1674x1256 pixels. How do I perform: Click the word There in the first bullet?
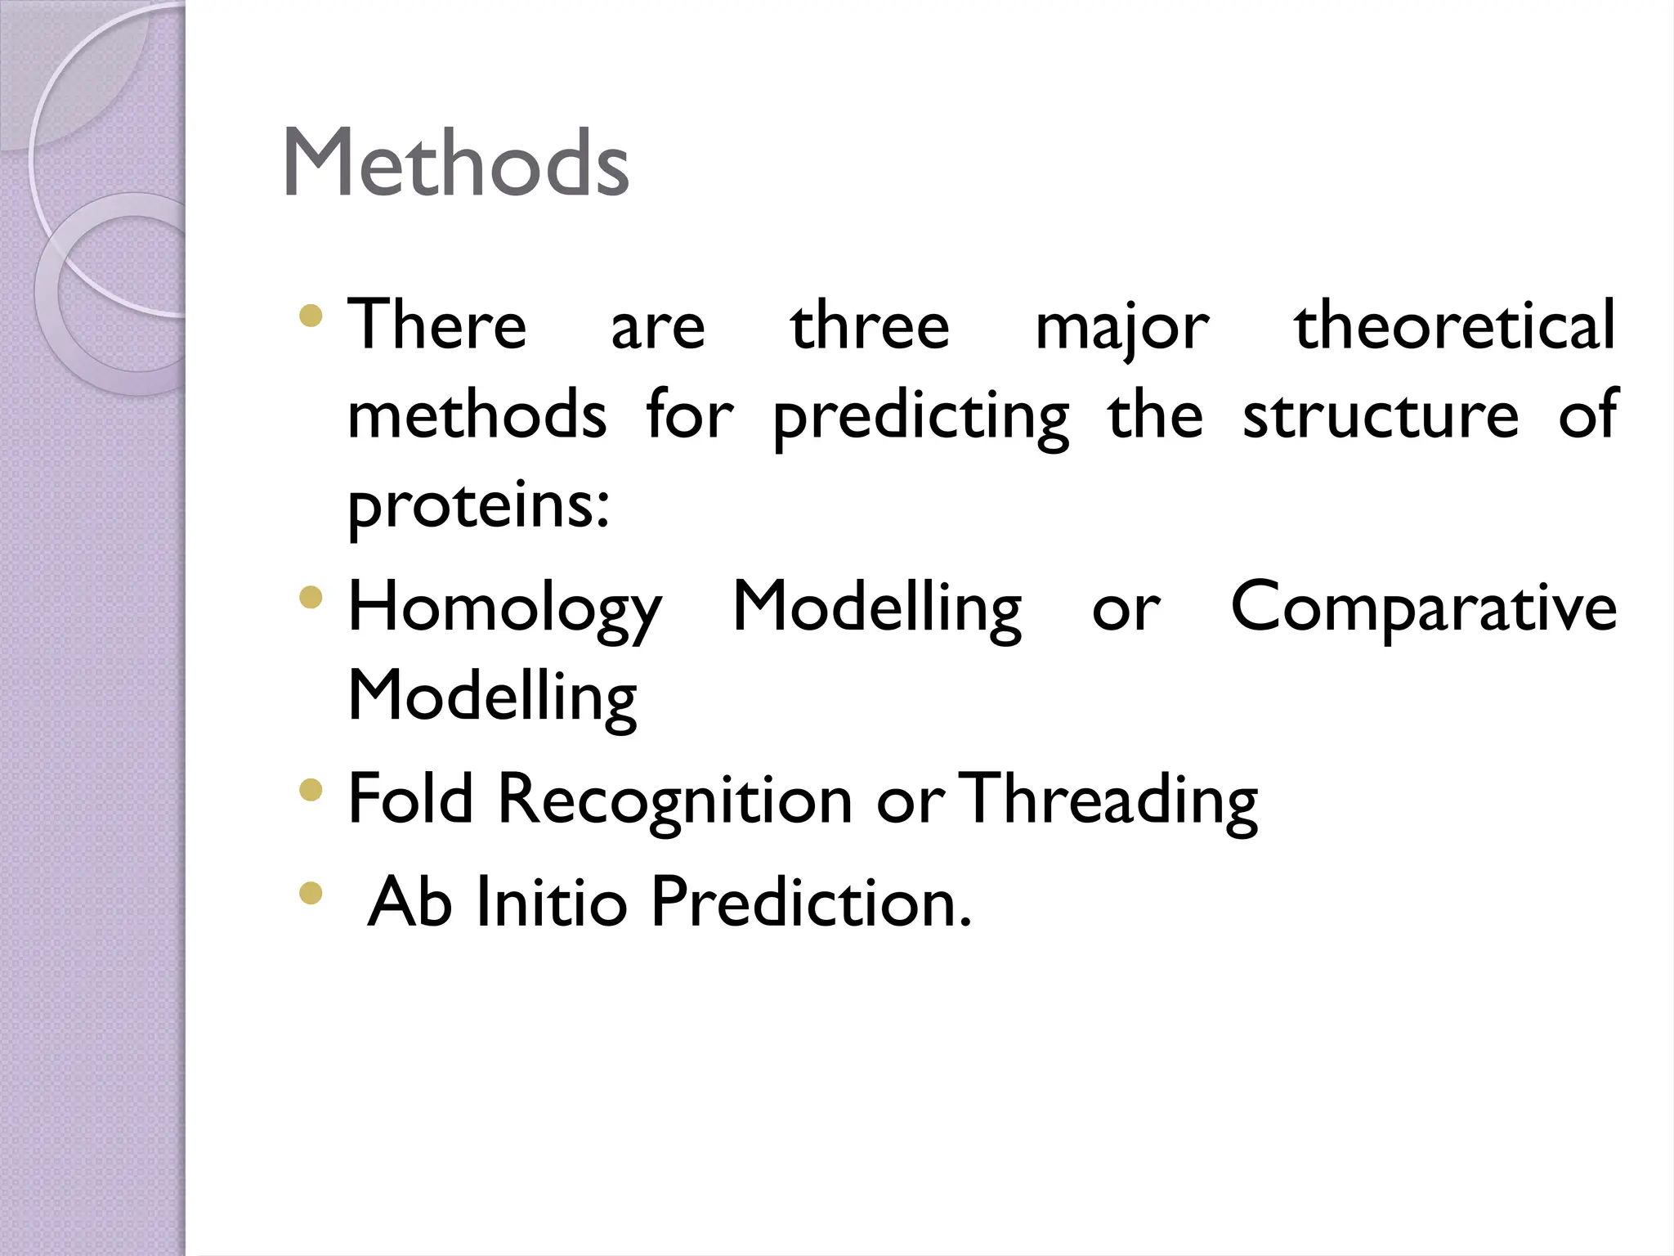coord(437,325)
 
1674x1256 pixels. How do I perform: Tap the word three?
coord(870,325)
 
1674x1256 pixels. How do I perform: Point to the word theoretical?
coord(1455,325)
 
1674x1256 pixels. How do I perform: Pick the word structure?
coord(1381,415)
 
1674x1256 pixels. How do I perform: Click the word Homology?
coord(505,609)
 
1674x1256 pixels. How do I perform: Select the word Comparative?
coord(1423,609)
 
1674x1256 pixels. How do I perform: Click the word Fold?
coord(410,799)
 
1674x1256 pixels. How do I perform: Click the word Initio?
coord(551,902)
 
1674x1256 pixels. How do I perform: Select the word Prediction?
coord(811,902)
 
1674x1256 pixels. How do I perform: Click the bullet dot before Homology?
coord(311,599)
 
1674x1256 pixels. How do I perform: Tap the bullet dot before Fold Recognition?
coord(311,789)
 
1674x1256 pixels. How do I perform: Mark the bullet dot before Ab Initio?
coord(311,892)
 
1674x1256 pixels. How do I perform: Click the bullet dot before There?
coord(311,316)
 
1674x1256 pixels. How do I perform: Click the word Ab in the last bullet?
coord(410,902)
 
